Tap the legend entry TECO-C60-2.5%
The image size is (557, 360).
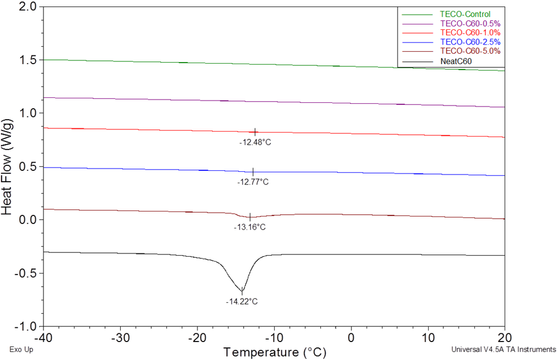pos(469,42)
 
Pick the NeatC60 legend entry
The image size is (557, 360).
pos(456,61)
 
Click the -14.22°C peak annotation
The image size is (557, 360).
pos(242,301)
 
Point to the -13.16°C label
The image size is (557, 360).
pos(250,227)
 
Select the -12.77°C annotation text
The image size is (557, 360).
pos(253,182)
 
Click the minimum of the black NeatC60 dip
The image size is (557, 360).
pos(242,290)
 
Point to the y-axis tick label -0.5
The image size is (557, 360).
pos(26,273)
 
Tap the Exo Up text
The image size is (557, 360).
pos(22,350)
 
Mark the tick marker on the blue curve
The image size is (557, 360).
pos(253,171)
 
